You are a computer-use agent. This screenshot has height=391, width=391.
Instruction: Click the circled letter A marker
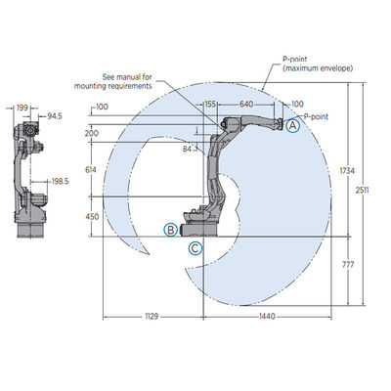point(292,125)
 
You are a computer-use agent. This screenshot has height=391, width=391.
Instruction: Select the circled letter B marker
point(170,230)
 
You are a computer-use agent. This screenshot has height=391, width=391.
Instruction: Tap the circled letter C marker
point(195,248)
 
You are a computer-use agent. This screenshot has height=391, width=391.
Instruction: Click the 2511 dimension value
point(362,190)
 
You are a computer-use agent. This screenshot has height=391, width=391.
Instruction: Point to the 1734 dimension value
point(347,170)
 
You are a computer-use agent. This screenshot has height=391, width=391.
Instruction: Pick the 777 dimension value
point(348,265)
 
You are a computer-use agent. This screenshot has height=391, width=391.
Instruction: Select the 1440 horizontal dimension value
point(267,316)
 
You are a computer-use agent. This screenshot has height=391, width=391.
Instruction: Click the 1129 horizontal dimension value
point(152,316)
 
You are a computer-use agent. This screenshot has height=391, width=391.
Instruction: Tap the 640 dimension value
point(246,104)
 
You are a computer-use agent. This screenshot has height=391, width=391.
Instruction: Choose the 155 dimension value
point(210,104)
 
